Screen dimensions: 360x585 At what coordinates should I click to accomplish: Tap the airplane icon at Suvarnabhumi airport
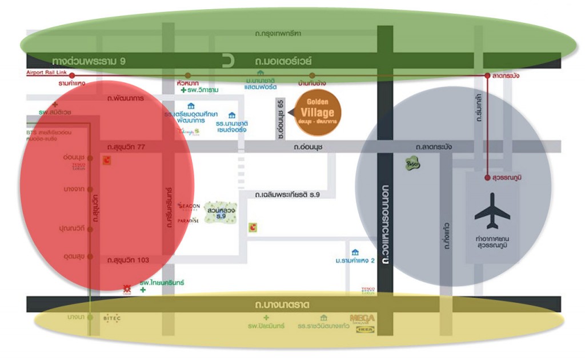pos(492,212)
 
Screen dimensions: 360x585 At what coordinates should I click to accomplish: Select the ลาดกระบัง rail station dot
pos(487,75)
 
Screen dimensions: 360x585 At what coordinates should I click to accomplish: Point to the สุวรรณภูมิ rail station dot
pos(487,178)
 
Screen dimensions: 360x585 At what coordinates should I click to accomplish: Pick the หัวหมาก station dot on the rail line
pos(188,75)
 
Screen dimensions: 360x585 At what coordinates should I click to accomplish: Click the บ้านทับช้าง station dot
pos(312,75)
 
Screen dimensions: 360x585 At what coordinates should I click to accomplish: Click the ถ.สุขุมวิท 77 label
pos(126,147)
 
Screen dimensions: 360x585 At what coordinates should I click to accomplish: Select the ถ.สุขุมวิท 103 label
pos(128,260)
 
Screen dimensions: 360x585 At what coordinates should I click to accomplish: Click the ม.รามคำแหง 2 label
pos(355,261)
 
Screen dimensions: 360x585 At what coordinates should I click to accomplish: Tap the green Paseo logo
pos(412,164)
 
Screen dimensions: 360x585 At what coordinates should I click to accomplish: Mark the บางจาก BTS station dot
pos(90,189)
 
